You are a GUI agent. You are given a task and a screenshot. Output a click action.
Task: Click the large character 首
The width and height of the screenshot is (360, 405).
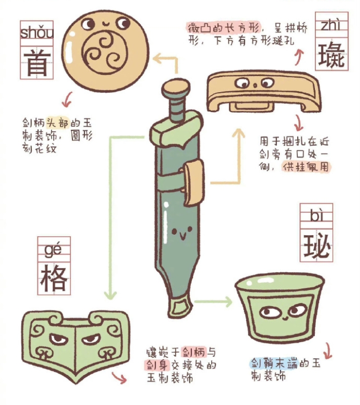coord(36,63)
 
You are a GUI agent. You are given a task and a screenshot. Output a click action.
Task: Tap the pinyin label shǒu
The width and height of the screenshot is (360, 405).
coord(37,33)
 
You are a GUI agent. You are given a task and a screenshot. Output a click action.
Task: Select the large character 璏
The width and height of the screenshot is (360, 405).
coord(332,55)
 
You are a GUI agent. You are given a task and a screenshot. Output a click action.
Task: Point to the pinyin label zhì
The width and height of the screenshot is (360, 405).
coord(331,25)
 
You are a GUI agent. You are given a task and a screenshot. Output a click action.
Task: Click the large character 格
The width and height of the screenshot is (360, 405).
coord(54,278)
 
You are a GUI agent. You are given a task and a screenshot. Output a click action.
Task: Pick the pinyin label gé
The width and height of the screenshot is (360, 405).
coord(53,249)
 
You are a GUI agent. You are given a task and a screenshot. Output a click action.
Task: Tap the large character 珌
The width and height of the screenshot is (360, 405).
coord(316,245)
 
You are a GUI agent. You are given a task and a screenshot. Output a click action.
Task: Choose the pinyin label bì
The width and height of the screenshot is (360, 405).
coord(316,215)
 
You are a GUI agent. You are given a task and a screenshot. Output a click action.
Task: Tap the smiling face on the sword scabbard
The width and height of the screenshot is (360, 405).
coord(182,232)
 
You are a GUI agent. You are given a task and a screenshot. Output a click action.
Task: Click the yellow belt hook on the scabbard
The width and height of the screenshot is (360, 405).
coord(193,181)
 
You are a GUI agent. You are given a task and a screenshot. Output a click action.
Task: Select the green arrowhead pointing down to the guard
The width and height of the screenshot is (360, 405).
coord(110,294)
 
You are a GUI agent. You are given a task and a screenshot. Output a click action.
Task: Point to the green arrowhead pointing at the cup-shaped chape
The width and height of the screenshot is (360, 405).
coord(228,302)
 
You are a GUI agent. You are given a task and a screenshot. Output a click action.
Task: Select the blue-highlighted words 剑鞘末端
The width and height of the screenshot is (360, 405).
coord(274,363)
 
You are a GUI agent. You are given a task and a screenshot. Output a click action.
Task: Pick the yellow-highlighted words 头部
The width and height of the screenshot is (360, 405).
coord(58,123)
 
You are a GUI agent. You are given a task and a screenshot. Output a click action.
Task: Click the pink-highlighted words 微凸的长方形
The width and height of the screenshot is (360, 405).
coord(223,28)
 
